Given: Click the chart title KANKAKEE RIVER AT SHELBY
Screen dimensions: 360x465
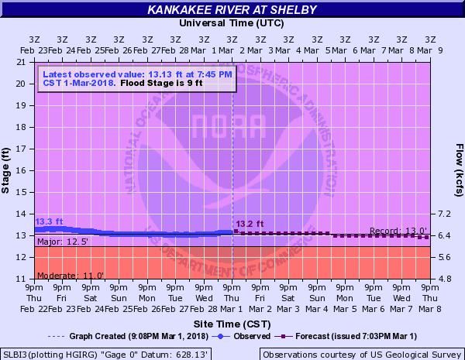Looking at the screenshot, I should click(232, 10).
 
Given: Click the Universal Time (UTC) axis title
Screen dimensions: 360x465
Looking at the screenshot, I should click(232, 23).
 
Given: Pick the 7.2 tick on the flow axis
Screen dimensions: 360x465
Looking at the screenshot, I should click(444, 214).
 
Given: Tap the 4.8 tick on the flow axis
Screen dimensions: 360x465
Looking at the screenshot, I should click(444, 279).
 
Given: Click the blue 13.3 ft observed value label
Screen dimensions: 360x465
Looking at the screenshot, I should click(49, 222).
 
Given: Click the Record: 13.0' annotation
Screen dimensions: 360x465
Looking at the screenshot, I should click(398, 231).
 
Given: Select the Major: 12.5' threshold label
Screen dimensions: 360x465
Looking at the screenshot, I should click(63, 242).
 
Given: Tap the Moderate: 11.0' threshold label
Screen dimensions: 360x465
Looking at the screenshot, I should click(71, 275).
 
